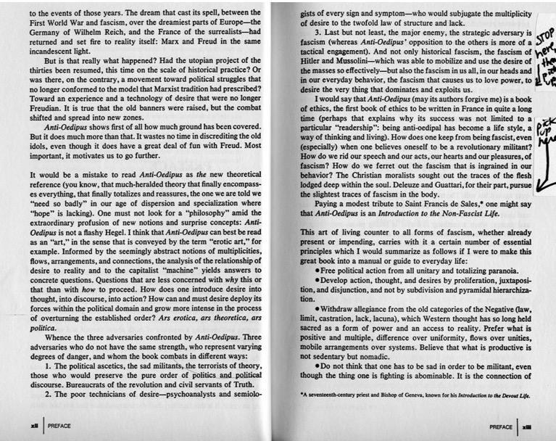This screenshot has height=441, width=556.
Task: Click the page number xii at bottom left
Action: click(x=33, y=426)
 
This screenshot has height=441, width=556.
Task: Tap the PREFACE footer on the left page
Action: click(x=60, y=426)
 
